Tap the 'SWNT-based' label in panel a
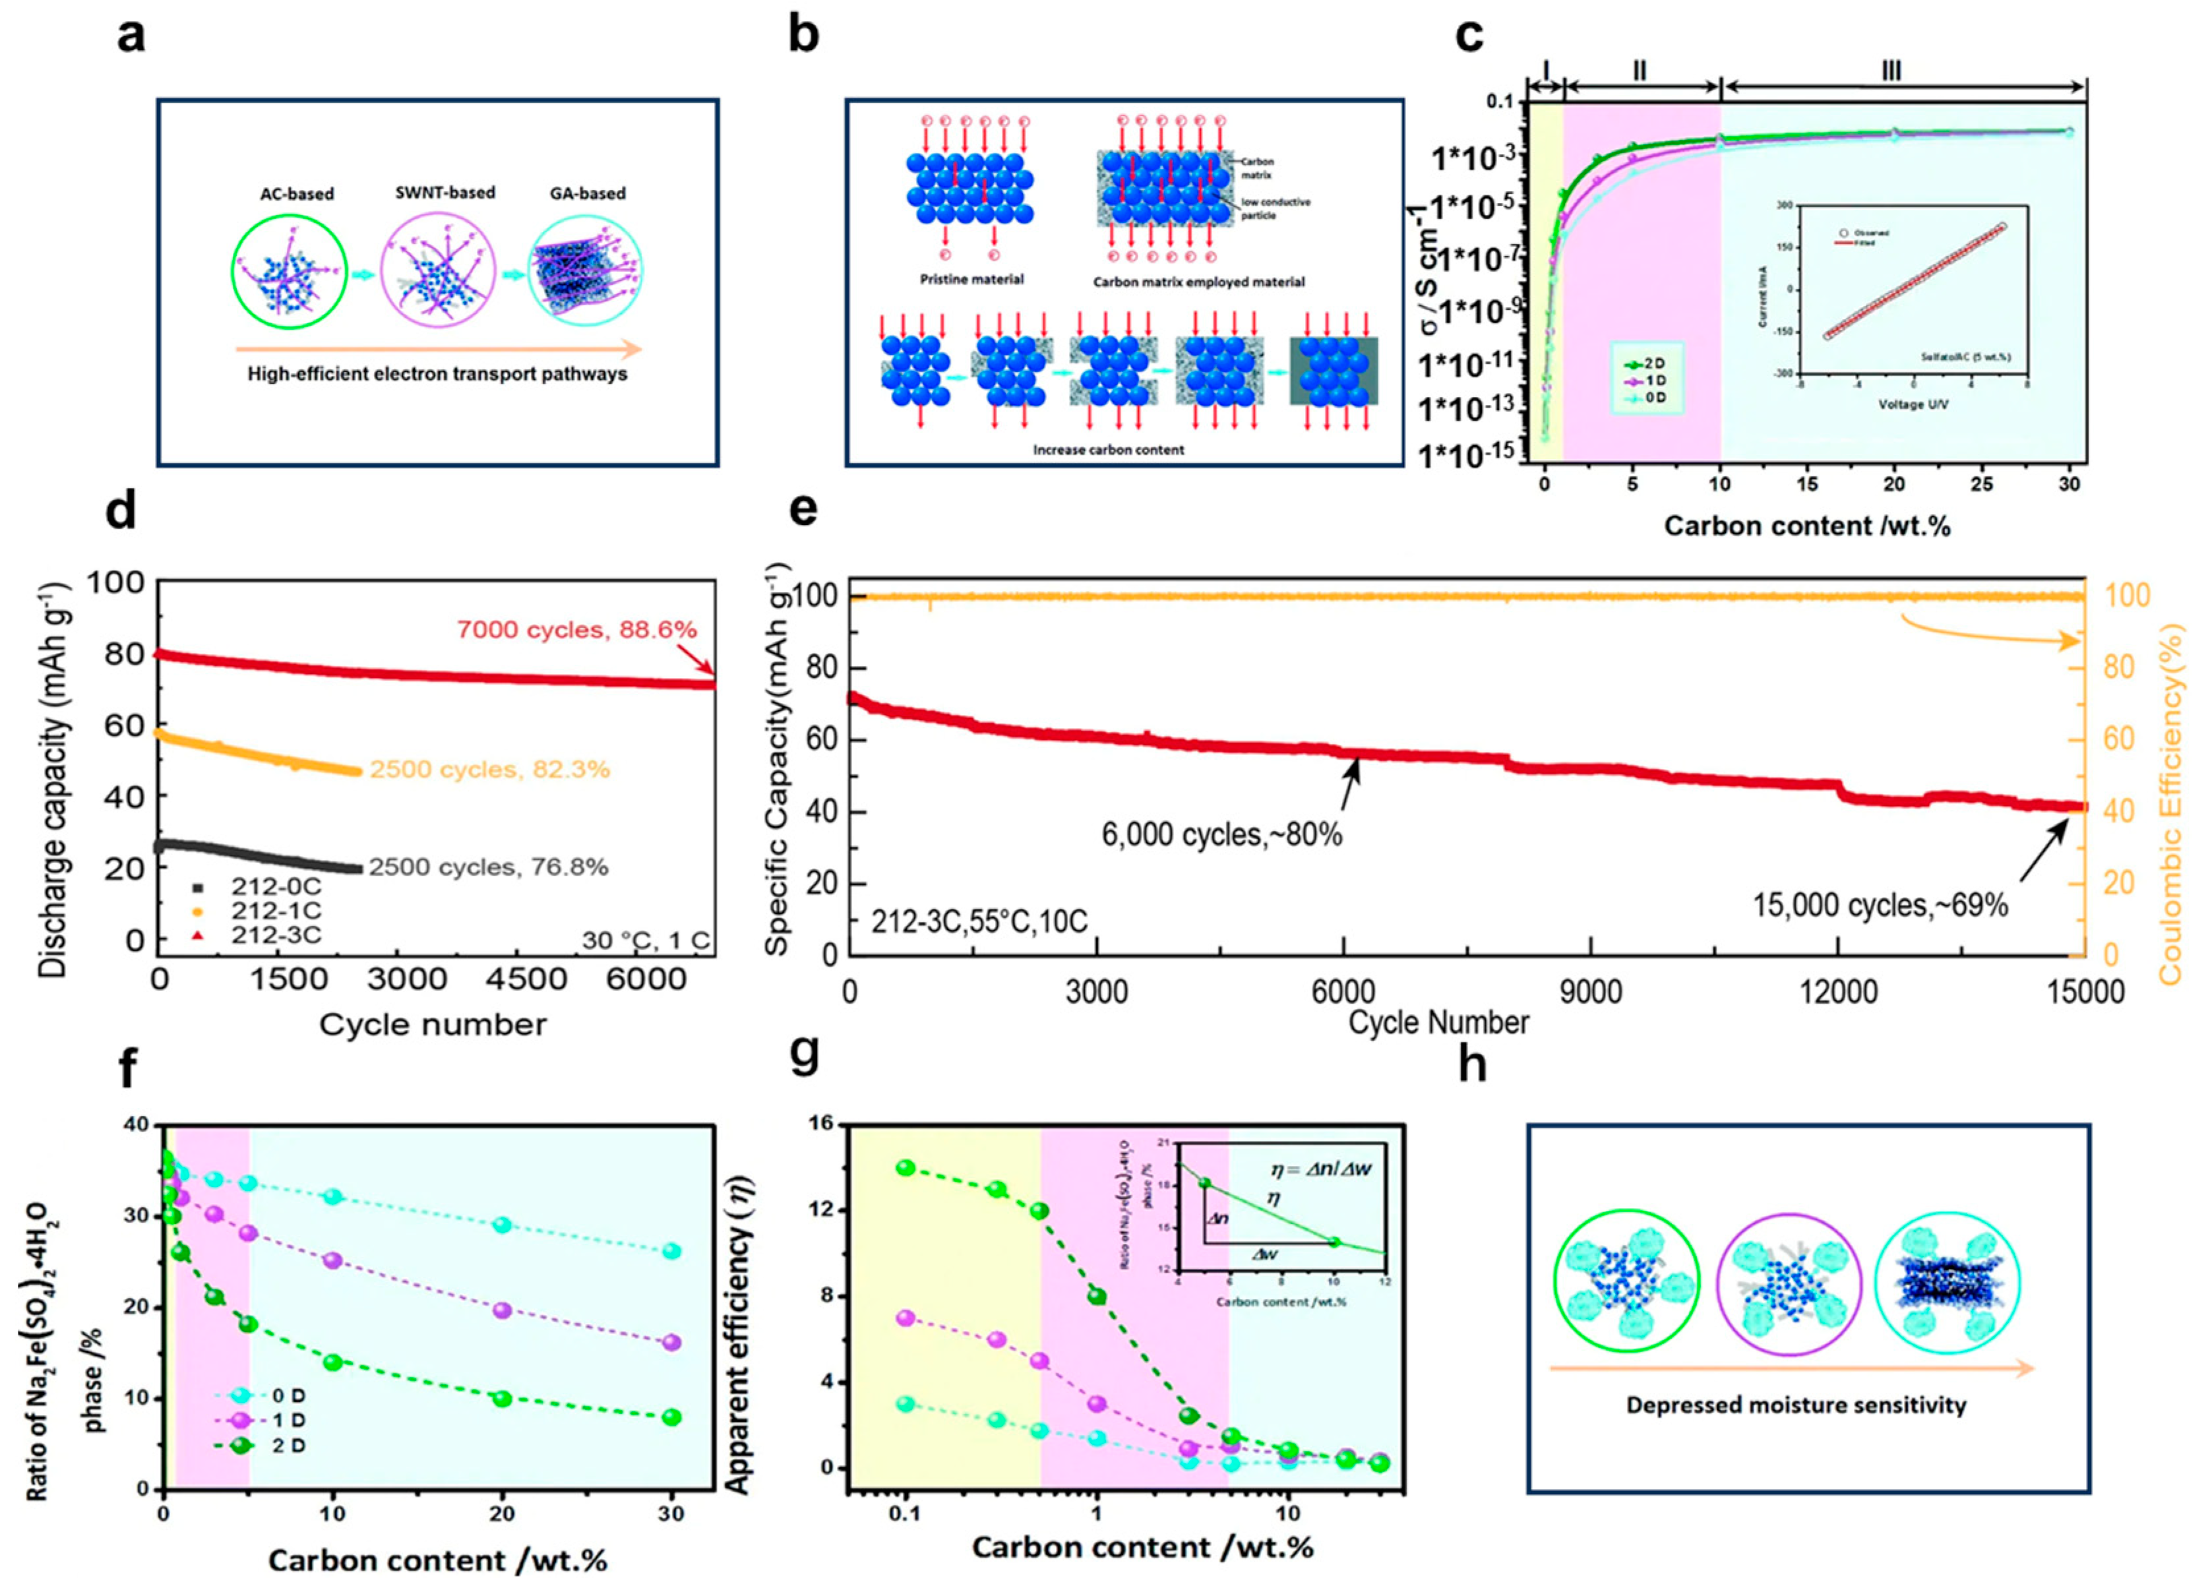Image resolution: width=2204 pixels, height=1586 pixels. [444, 193]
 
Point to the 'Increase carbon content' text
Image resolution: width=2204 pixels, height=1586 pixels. [1108, 450]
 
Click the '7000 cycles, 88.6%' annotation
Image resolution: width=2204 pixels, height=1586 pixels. [576, 630]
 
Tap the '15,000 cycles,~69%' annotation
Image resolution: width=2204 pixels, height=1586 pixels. [1880, 905]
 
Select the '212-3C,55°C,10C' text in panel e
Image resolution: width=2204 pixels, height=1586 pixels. [979, 921]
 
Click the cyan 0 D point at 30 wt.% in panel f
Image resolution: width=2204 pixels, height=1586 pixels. [671, 1251]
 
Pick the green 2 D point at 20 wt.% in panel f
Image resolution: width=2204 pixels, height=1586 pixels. [503, 1399]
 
